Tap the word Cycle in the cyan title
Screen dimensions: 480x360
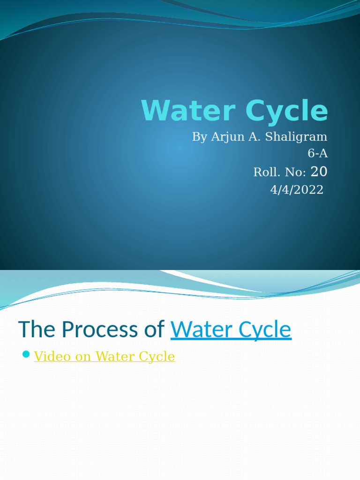[285, 112]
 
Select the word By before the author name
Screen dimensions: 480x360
[199, 137]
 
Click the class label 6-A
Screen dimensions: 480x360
[317, 153]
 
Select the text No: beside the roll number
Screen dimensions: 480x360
[295, 172]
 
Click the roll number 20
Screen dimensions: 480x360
[319, 172]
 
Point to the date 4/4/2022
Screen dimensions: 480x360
[297, 190]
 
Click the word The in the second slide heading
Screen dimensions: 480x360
[37, 330]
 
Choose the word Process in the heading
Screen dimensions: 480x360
[99, 330]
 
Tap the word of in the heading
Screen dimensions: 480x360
[155, 330]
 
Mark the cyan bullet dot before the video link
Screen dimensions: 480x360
[26, 353]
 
